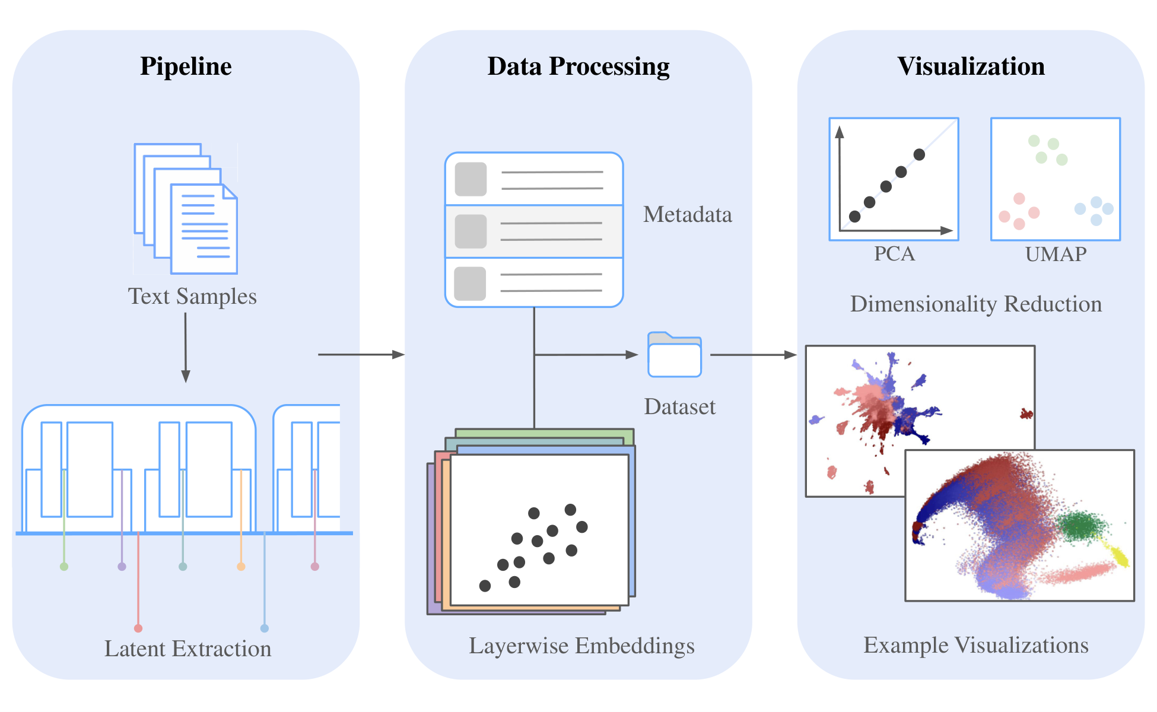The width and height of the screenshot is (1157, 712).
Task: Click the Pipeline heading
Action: click(186, 66)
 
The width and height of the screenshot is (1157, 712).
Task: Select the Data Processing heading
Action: click(578, 66)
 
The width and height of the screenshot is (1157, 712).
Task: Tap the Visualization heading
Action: click(971, 66)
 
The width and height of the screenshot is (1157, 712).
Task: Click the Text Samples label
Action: click(192, 296)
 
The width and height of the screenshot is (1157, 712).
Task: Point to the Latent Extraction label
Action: click(187, 649)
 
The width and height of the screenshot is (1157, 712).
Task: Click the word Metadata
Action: click(687, 214)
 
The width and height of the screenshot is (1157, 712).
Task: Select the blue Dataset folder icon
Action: click(675, 355)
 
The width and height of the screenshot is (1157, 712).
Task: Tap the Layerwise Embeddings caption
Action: click(581, 646)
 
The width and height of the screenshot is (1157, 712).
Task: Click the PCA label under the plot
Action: click(894, 254)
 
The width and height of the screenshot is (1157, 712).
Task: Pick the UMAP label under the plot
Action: click(1056, 254)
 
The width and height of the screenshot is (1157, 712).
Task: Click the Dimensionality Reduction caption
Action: click(975, 304)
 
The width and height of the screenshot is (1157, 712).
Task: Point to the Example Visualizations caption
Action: click(975, 645)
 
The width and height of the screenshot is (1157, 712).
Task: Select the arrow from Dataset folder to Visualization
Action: click(753, 355)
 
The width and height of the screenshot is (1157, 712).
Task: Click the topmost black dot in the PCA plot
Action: click(919, 155)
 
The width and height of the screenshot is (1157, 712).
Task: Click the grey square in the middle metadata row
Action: click(471, 231)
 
